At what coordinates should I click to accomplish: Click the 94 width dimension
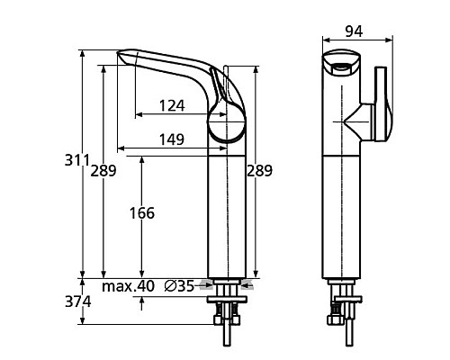tap(354, 31)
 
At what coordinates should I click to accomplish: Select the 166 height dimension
tap(141, 213)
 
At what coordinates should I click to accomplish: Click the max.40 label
tap(128, 287)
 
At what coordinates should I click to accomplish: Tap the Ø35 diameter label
tap(179, 287)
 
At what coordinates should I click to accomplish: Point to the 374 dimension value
tap(76, 303)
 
